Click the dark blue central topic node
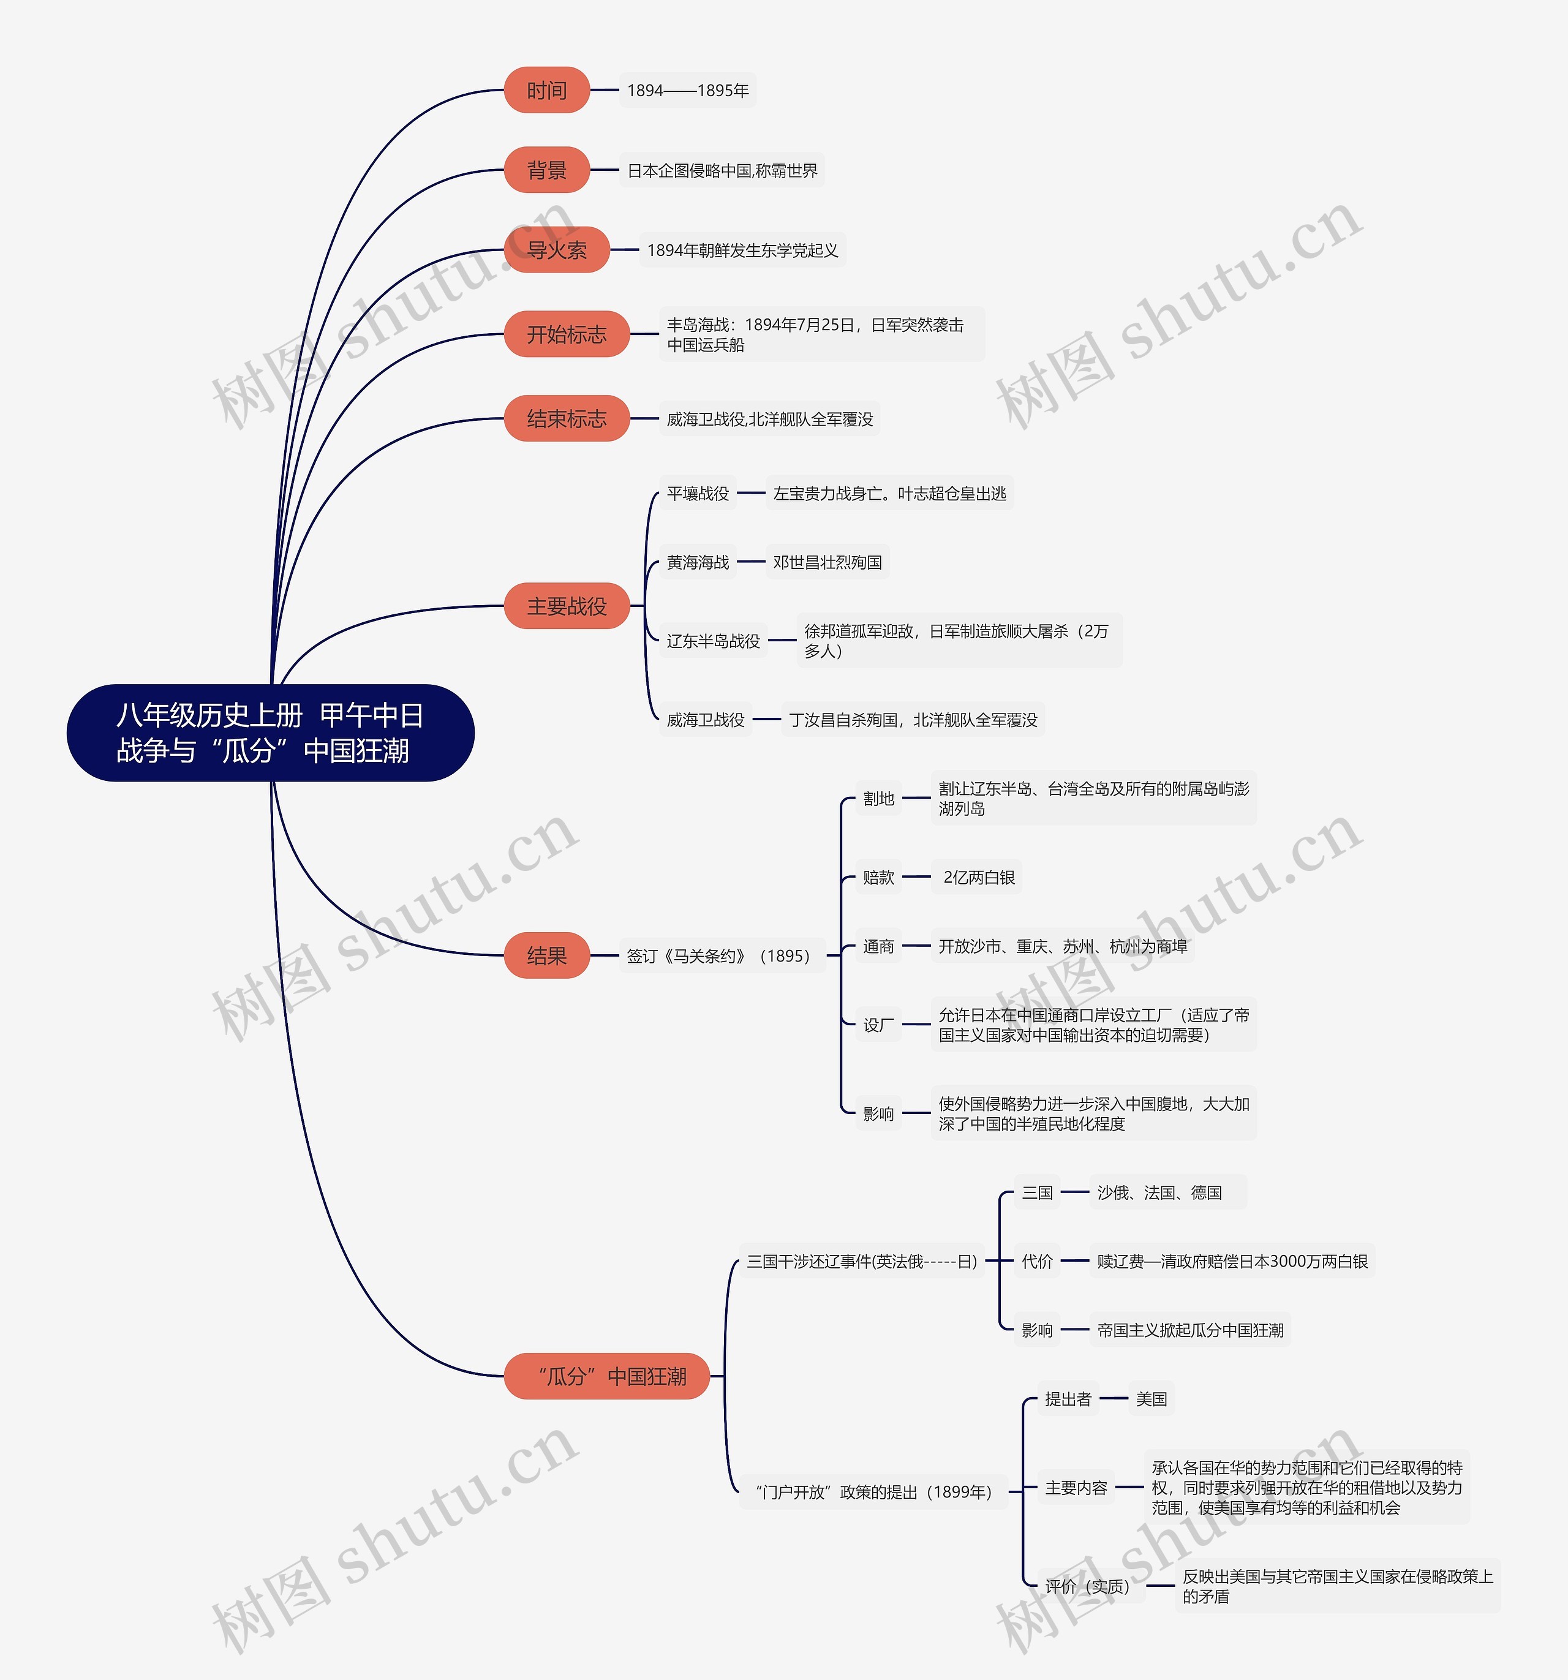[x=271, y=733]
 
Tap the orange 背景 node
[x=547, y=170]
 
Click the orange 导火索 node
[x=557, y=250]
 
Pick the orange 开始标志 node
[x=567, y=334]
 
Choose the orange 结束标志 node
[x=567, y=418]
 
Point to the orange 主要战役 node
[x=567, y=606]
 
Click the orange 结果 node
[x=547, y=956]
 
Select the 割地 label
[x=879, y=799]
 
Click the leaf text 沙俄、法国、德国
[x=1159, y=1192]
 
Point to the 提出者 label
[x=1068, y=1399]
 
